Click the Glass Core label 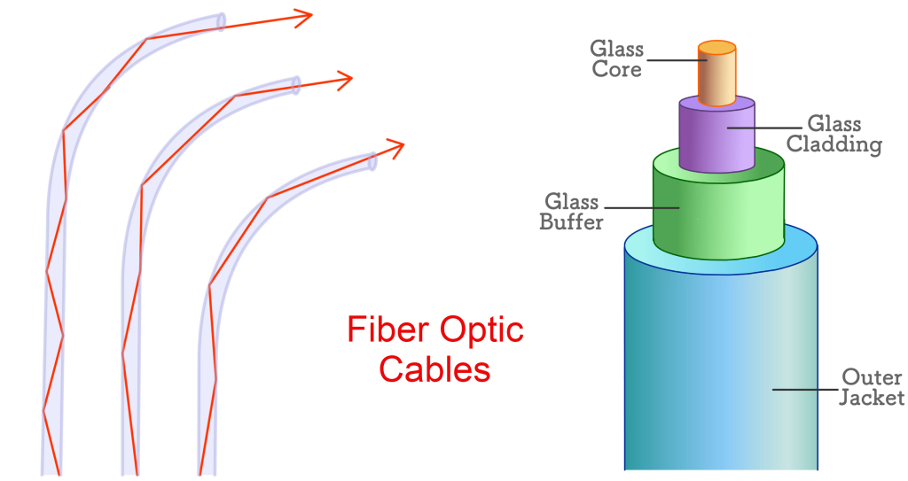617,58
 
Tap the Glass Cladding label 834,134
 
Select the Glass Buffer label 571,212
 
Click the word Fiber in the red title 380,330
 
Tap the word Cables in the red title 434,369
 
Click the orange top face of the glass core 716,47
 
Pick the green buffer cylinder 718,208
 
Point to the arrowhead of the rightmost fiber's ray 396,145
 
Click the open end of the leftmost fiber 222,20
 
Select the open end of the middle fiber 296,84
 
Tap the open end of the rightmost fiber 372,159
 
